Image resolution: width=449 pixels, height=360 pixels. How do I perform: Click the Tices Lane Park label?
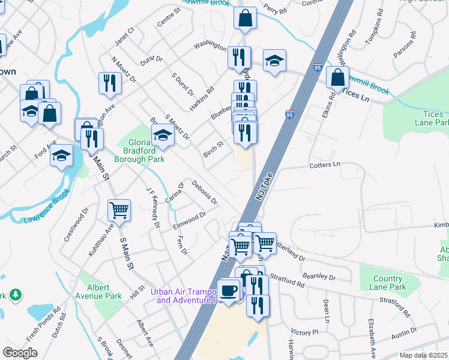coord(431,118)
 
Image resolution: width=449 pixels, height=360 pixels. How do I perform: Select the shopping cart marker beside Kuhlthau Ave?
coord(119,211)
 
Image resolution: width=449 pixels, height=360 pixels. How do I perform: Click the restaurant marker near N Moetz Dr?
coord(109,83)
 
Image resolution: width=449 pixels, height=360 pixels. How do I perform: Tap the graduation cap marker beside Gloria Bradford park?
coord(163,136)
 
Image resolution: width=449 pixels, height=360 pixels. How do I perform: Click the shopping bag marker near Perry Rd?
coord(245,18)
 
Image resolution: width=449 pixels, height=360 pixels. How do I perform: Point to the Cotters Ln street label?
coord(324,164)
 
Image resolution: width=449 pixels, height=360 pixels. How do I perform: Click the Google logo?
coord(20,353)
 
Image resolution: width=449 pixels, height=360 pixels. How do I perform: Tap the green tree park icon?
coord(16,295)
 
